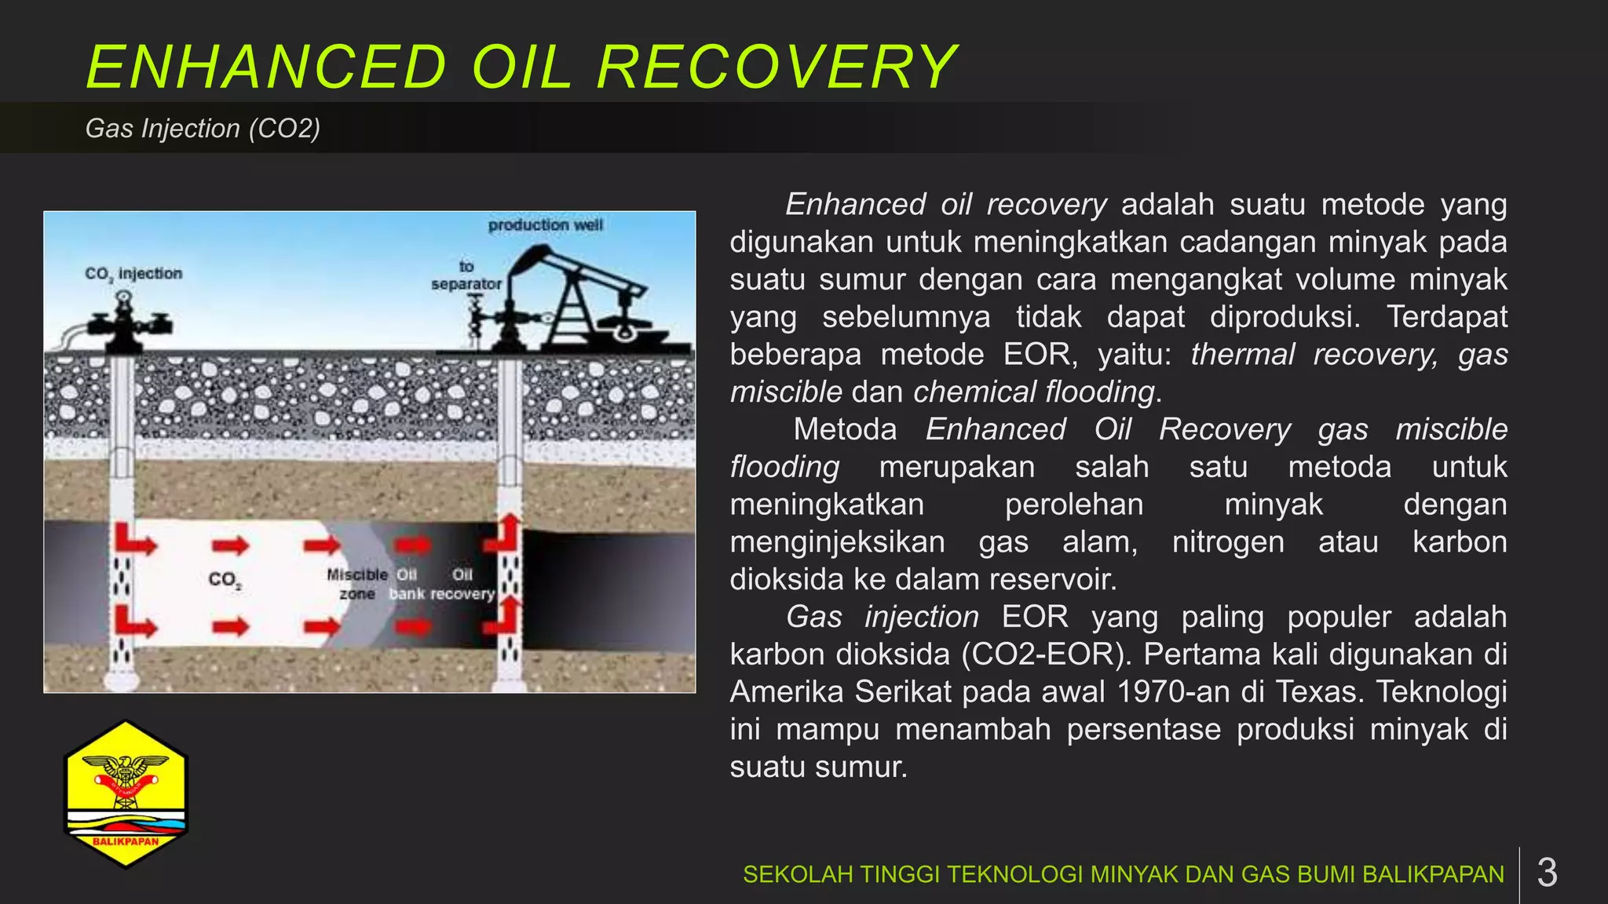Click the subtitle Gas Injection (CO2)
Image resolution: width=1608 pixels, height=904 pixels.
(203, 129)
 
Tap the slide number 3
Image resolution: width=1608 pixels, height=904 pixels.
(1547, 873)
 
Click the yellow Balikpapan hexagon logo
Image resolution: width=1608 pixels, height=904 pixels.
(126, 794)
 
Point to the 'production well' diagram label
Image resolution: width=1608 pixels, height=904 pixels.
(545, 226)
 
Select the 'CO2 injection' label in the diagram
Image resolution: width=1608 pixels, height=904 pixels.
(133, 274)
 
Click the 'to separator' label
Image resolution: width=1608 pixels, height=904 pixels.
(466, 275)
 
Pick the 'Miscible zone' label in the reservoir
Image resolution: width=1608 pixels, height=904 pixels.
(357, 585)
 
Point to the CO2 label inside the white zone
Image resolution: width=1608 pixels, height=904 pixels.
(225, 580)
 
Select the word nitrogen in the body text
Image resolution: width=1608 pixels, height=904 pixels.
(1228, 542)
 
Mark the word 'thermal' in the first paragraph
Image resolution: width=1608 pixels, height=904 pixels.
(1242, 355)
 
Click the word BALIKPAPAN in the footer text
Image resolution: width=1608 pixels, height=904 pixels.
(1433, 874)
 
